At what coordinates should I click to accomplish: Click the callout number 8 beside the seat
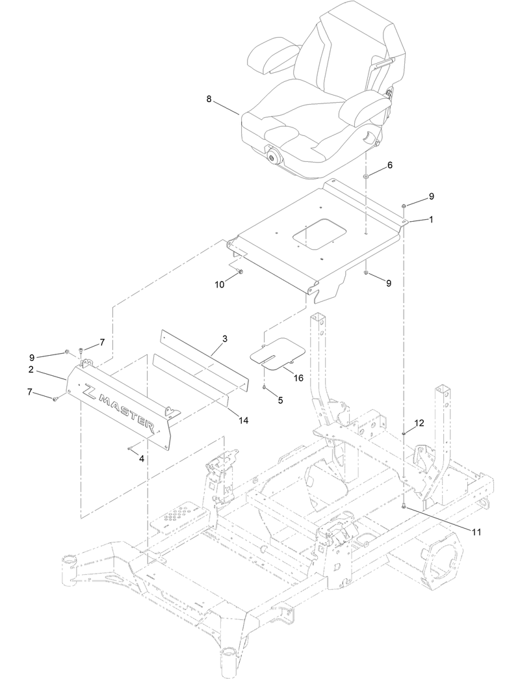click(x=209, y=99)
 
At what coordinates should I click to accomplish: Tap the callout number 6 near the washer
click(x=390, y=165)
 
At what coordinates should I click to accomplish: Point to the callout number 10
click(x=220, y=284)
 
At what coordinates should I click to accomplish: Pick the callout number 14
click(x=244, y=421)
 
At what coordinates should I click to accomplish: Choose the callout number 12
click(x=419, y=423)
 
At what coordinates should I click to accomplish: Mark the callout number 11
click(x=476, y=531)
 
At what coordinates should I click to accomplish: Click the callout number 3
click(x=224, y=339)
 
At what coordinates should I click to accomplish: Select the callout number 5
click(x=280, y=401)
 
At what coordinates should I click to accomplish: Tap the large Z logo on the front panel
click(x=88, y=392)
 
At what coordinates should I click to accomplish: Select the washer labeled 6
click(x=367, y=177)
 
